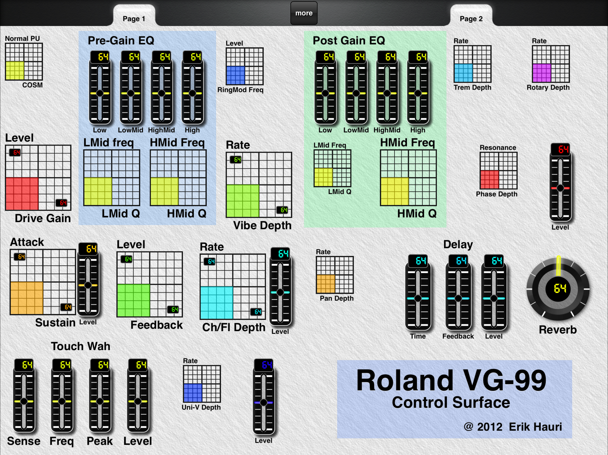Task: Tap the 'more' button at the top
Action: coord(304,13)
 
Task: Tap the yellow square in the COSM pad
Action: coord(15,70)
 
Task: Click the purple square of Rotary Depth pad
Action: coord(542,73)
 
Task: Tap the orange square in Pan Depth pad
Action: coord(326,284)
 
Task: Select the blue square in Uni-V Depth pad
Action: coord(193,393)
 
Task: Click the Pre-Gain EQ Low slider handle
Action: coord(100,93)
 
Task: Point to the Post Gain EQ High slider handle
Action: coord(418,93)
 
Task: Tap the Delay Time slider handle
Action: coord(418,298)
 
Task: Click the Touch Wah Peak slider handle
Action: coord(100,401)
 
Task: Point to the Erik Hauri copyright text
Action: coord(513,427)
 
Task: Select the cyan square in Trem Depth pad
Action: coord(463,73)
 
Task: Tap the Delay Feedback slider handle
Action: coord(458,298)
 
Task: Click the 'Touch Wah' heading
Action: coord(81,346)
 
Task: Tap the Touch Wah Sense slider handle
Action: coord(24,401)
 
